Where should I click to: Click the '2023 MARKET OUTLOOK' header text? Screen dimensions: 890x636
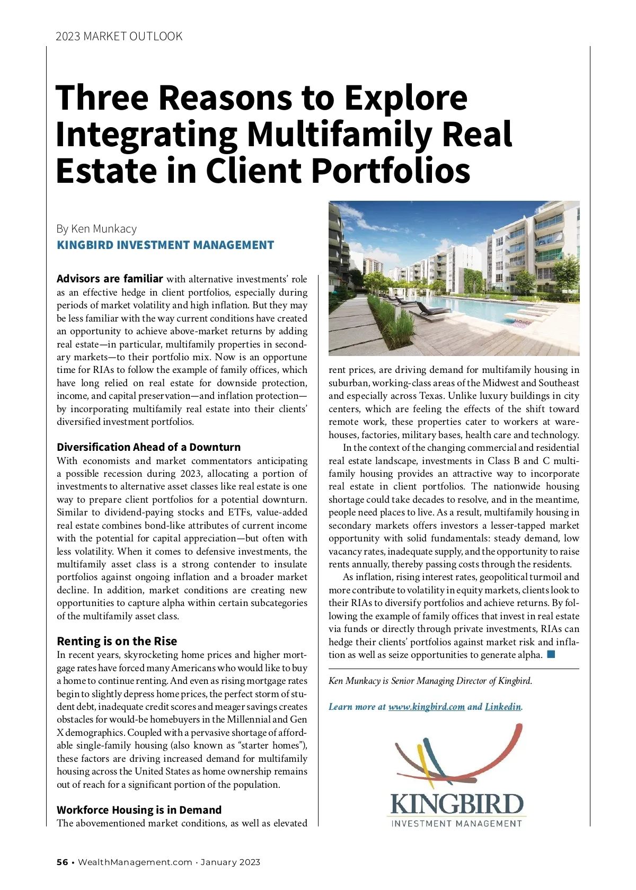click(x=119, y=36)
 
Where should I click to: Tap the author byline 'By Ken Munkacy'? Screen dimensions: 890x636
click(x=96, y=229)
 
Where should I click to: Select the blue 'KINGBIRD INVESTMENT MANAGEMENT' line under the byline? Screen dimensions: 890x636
click(x=165, y=245)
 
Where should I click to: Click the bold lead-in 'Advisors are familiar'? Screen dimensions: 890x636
click(x=110, y=279)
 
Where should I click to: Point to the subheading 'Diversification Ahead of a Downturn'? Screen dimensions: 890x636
click(x=148, y=447)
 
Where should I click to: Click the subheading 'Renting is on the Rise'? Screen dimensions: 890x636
click(x=117, y=641)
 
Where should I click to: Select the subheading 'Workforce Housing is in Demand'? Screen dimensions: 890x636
click(x=139, y=810)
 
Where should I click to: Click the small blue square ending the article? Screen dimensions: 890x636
click(x=551, y=654)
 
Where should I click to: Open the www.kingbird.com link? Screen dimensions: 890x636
click(x=427, y=707)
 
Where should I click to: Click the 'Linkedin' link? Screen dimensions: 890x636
click(x=503, y=707)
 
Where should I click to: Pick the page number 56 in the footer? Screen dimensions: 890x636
click(x=63, y=862)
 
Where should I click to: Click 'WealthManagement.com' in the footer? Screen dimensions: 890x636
click(x=135, y=862)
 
